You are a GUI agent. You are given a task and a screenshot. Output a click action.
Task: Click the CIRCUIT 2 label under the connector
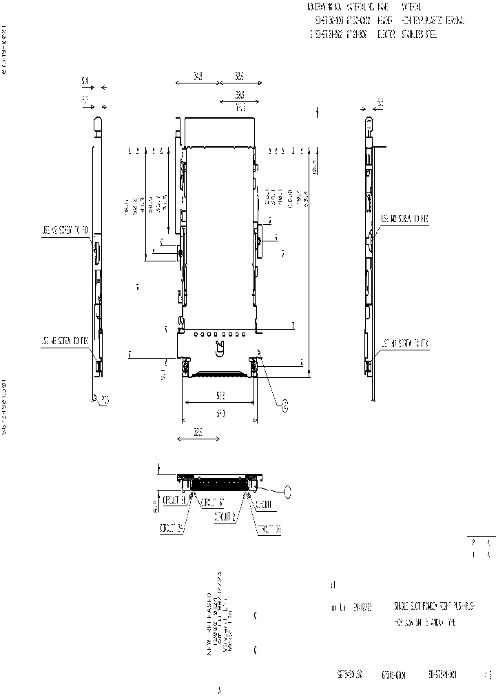tap(226, 515)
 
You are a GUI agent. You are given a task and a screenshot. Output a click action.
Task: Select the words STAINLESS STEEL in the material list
tap(416, 34)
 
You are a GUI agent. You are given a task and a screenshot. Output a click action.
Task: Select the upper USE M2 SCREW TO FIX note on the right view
tap(405, 219)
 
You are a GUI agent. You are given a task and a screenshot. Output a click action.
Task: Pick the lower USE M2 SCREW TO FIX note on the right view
tap(405, 343)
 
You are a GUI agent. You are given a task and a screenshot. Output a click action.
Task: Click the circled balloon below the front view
tap(285, 407)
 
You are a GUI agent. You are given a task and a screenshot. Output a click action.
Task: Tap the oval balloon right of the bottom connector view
tap(288, 490)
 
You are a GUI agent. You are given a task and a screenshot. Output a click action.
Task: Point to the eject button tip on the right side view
tap(369, 125)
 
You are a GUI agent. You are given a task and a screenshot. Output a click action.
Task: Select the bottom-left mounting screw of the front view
tap(187, 368)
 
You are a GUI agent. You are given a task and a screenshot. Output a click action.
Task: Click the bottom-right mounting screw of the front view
tap(254, 368)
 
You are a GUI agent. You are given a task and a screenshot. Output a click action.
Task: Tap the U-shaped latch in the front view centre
tap(220, 342)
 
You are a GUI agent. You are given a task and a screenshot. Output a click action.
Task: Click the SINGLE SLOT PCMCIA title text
tap(425, 606)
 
